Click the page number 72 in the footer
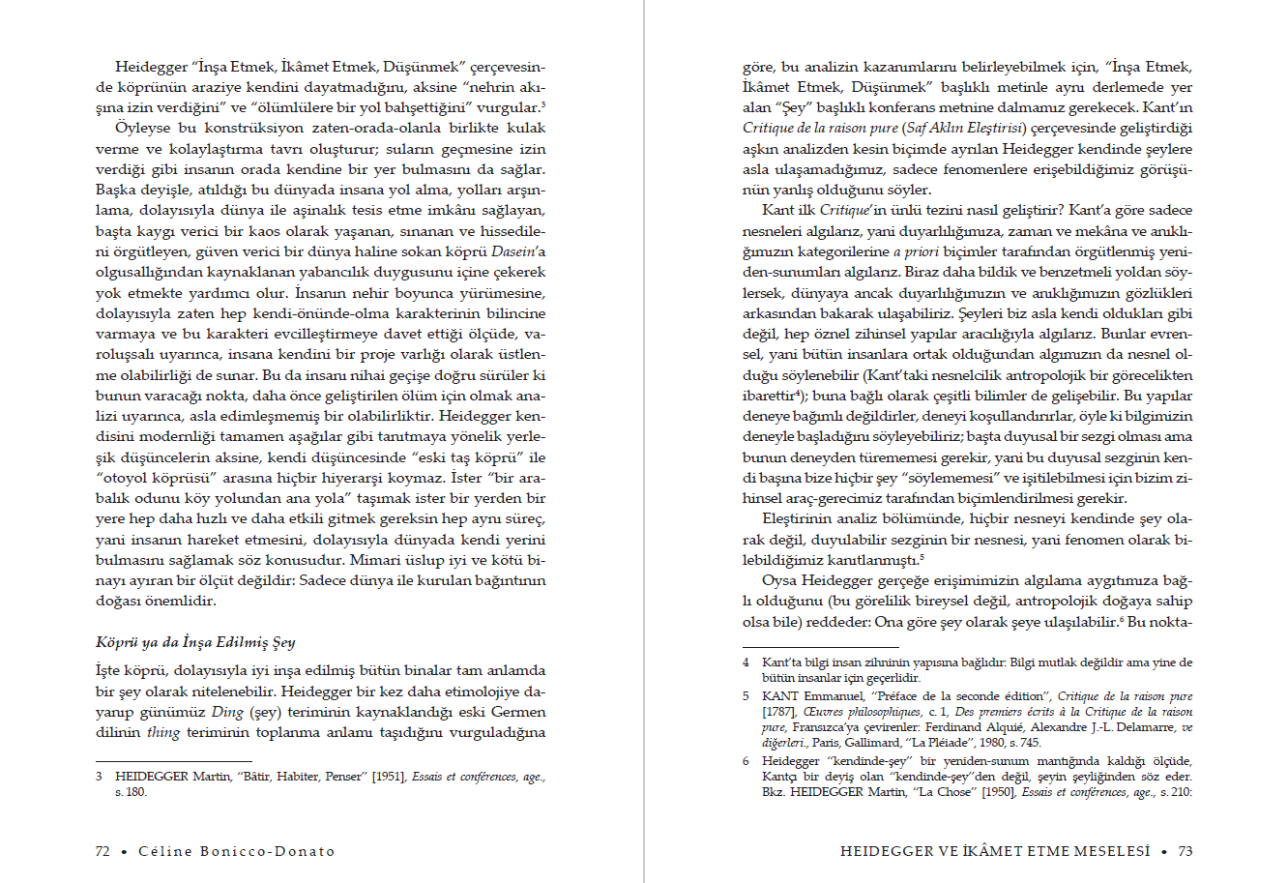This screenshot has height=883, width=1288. coord(102,851)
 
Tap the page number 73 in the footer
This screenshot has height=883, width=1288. coord(1186,851)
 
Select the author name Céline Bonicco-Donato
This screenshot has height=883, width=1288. coord(237,851)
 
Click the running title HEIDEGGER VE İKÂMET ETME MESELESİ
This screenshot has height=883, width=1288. coord(995,851)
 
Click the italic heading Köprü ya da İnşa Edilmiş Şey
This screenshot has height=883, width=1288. coord(195,642)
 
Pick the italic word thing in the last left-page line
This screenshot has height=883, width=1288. coord(162,732)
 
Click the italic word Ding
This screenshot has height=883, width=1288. coord(227,712)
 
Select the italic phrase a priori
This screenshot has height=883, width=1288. coord(915,251)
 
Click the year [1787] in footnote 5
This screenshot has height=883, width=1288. coord(778,712)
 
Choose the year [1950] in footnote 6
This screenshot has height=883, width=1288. coord(1000,792)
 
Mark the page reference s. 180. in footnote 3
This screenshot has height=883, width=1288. coord(132,792)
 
